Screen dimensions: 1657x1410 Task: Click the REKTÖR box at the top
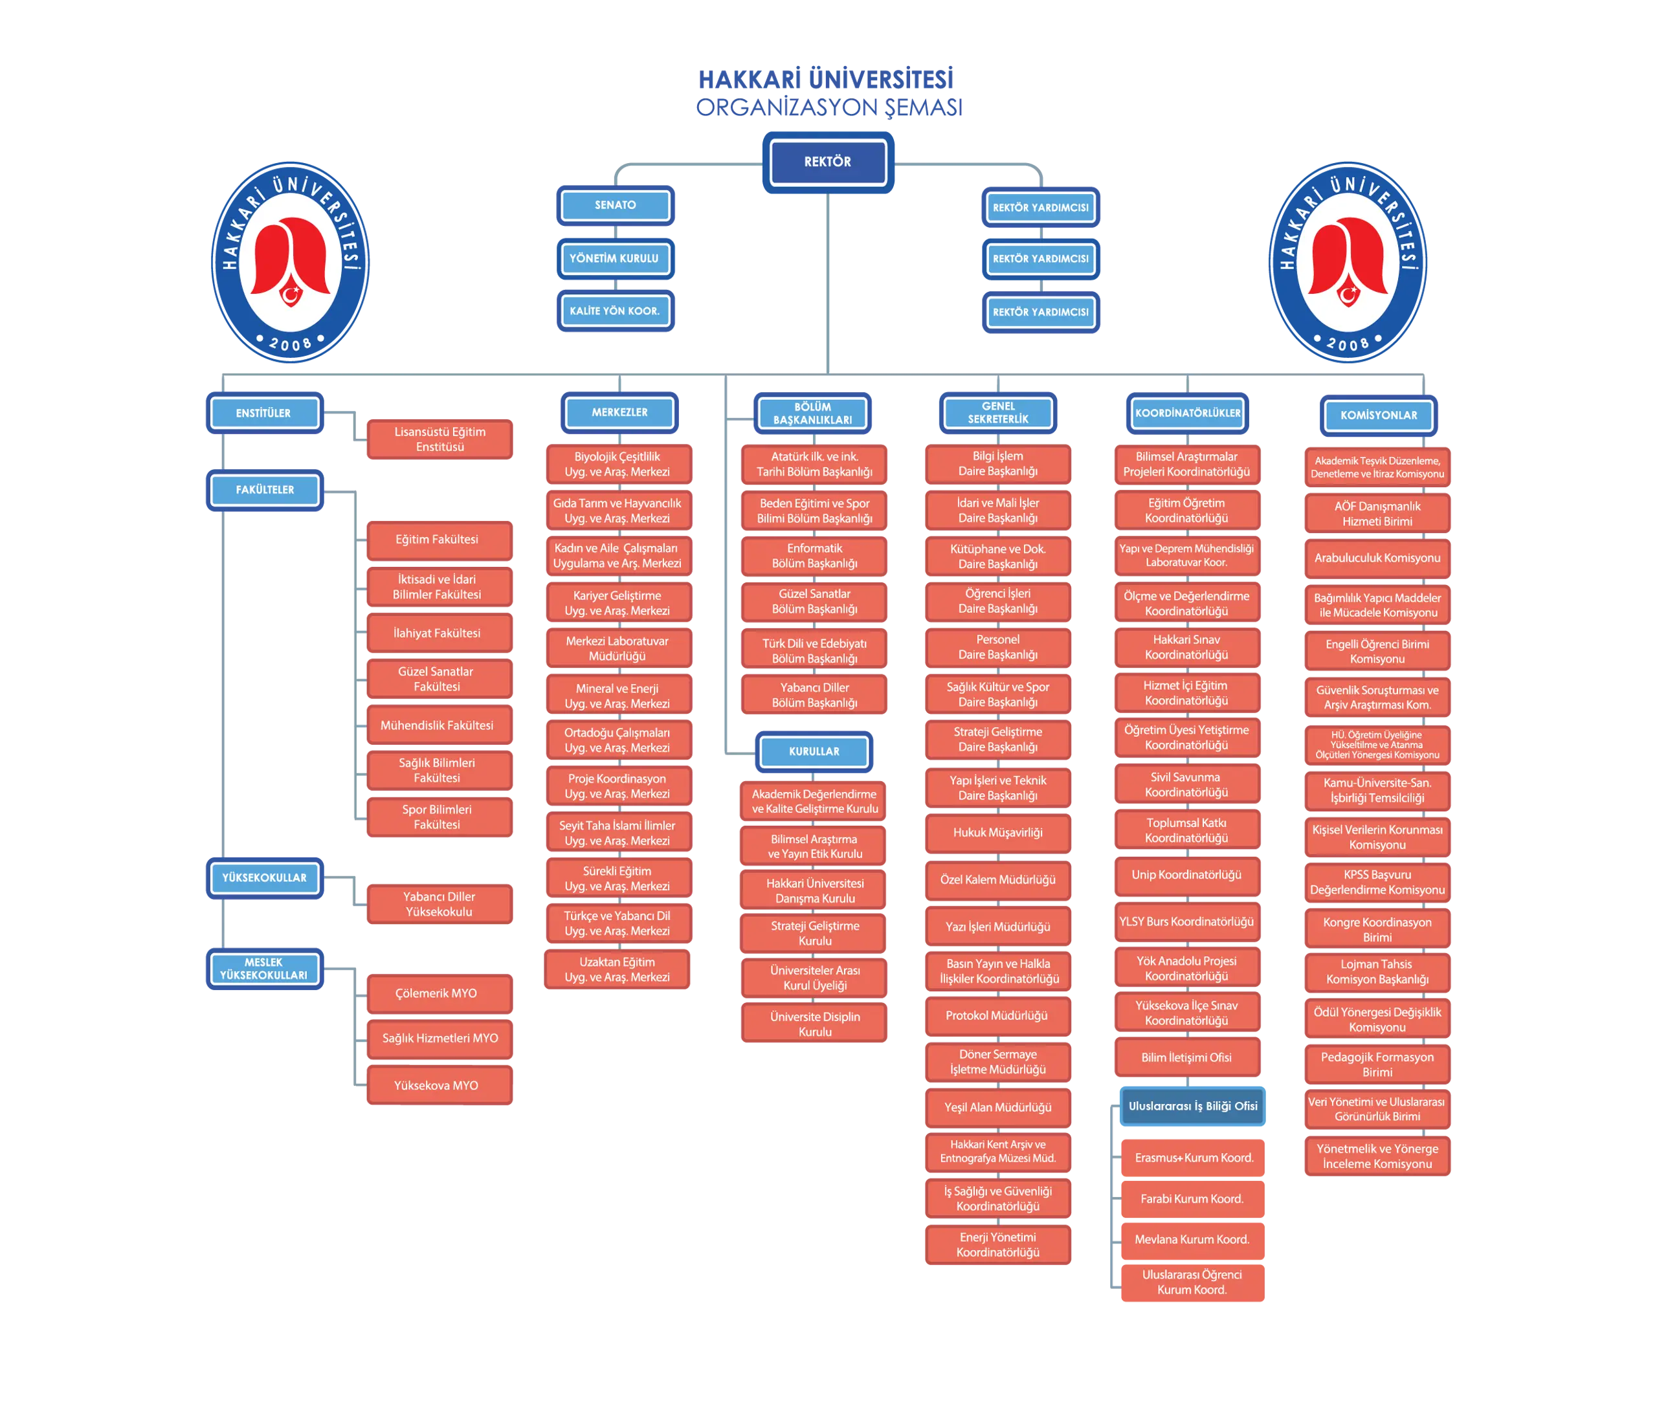827,162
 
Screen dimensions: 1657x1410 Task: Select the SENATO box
615,205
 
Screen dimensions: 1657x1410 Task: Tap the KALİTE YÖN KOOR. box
615,311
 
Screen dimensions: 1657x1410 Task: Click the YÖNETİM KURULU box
615,258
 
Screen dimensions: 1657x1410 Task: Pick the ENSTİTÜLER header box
264,413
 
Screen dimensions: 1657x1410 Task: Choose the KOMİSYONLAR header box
1378,415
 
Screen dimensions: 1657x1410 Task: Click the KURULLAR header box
814,751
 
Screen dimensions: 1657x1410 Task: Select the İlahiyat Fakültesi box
439,633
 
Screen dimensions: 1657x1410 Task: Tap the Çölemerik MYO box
439,993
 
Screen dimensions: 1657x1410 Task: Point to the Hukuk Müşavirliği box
997,833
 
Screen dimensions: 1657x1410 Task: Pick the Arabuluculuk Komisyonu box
1377,558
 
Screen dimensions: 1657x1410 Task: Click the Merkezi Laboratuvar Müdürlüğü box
618,648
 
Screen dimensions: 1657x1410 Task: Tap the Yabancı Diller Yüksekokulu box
439,904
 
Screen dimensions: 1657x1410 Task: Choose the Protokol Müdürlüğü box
997,1016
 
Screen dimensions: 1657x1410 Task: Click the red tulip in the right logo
1348,259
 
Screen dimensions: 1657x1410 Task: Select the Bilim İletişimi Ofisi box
1186,1057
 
